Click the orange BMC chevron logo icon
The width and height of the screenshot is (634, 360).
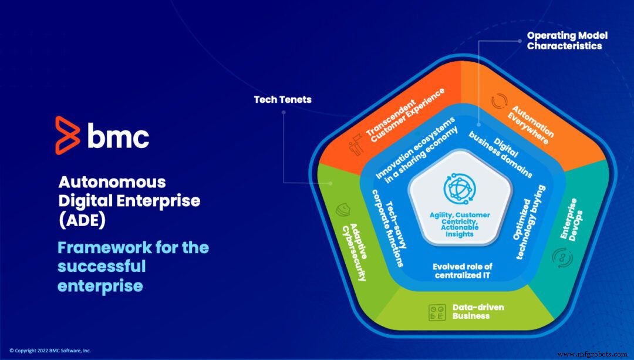(67, 135)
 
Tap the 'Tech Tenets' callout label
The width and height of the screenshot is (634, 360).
(282, 100)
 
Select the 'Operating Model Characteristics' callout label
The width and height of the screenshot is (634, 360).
(567, 41)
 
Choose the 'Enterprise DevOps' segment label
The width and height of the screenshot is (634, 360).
(568, 218)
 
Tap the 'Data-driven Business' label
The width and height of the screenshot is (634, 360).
(478, 311)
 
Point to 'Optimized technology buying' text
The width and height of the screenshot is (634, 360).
(530, 222)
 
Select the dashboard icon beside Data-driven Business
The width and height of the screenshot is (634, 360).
(436, 311)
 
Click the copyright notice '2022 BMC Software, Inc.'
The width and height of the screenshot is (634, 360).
(50, 351)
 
